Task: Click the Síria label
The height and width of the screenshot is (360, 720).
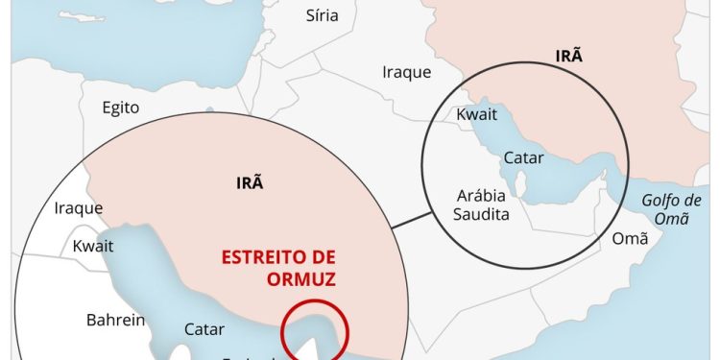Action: click(x=322, y=14)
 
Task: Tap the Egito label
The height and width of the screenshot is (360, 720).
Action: click(x=121, y=108)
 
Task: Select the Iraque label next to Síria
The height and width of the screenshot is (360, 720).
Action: click(x=406, y=72)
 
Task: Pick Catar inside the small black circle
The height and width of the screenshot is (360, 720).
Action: click(x=524, y=156)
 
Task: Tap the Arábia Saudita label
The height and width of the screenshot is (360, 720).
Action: click(x=482, y=204)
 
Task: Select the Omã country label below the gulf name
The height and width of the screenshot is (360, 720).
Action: click(x=631, y=239)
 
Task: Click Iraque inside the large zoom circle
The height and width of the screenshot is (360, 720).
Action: click(x=78, y=208)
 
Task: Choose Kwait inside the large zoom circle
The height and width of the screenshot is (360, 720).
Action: click(x=93, y=246)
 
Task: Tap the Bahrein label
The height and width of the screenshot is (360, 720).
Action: click(x=116, y=320)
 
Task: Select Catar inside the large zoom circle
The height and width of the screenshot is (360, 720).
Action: click(x=204, y=329)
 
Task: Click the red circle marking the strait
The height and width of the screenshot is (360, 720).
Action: click(x=315, y=331)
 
